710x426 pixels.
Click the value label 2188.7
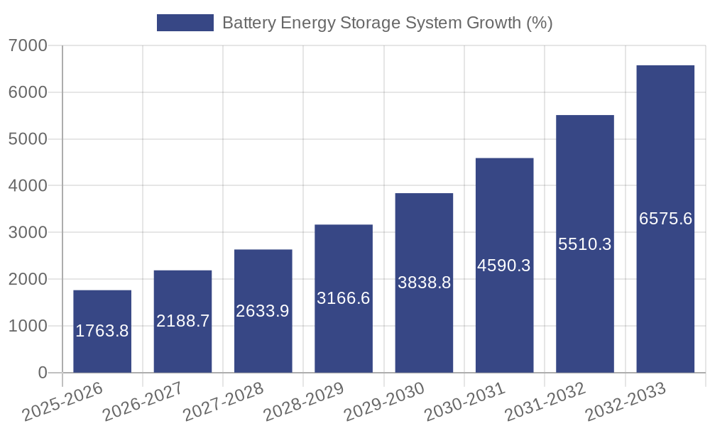(182, 321)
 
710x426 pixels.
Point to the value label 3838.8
(424, 283)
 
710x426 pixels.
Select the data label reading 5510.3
(585, 244)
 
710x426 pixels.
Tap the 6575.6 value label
(665, 219)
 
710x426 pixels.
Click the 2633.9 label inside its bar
(263, 310)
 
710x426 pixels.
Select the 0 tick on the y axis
(42, 373)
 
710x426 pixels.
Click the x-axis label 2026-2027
(143, 402)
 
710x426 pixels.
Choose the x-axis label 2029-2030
(384, 402)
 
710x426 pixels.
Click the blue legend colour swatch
(185, 23)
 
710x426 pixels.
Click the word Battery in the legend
(247, 23)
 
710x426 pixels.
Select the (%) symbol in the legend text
(539, 23)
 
